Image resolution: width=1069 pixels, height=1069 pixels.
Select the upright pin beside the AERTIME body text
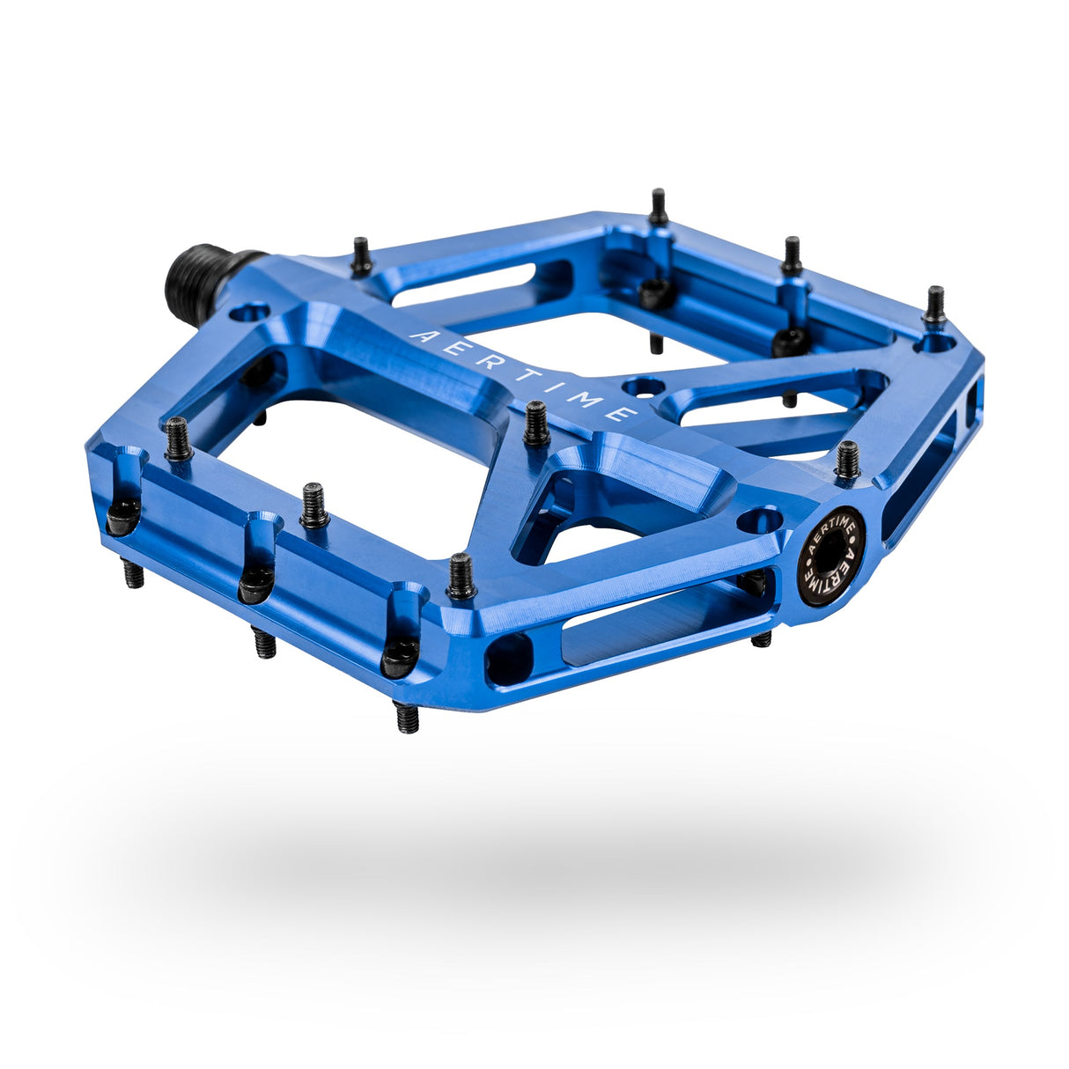[536, 424]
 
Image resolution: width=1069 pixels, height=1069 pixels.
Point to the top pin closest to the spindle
[362, 257]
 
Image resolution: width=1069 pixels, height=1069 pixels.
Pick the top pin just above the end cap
[847, 461]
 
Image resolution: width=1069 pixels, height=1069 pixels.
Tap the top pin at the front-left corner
[178, 439]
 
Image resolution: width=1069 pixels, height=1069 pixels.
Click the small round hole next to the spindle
[250, 312]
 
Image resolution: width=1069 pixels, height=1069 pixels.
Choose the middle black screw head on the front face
[256, 584]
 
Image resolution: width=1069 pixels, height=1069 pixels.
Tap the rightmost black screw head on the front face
[400, 657]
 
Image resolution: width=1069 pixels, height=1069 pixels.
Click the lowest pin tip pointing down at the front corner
[406, 717]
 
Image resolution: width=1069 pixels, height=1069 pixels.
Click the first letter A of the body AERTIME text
[417, 335]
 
